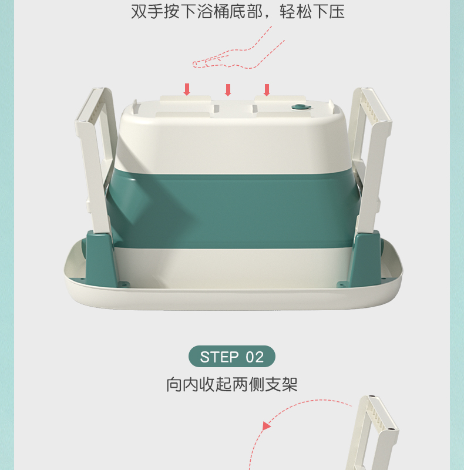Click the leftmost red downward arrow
point(187,89)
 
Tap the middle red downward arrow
point(228,90)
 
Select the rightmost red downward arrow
point(267,90)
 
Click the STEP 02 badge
point(231,357)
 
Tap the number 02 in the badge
point(254,357)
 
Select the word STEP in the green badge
point(219,357)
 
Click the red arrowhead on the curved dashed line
point(266,426)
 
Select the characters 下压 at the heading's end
point(328,12)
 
